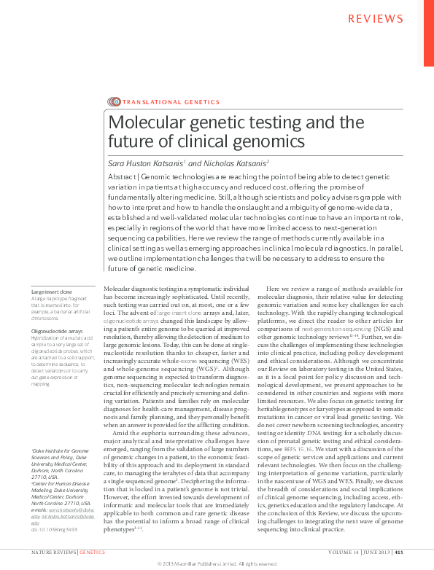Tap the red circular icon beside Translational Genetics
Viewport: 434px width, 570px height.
[114, 102]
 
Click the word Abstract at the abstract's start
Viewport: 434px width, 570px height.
[123, 178]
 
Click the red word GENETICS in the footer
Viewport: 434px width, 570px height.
[92, 553]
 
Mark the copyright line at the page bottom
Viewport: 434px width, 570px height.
[216, 564]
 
